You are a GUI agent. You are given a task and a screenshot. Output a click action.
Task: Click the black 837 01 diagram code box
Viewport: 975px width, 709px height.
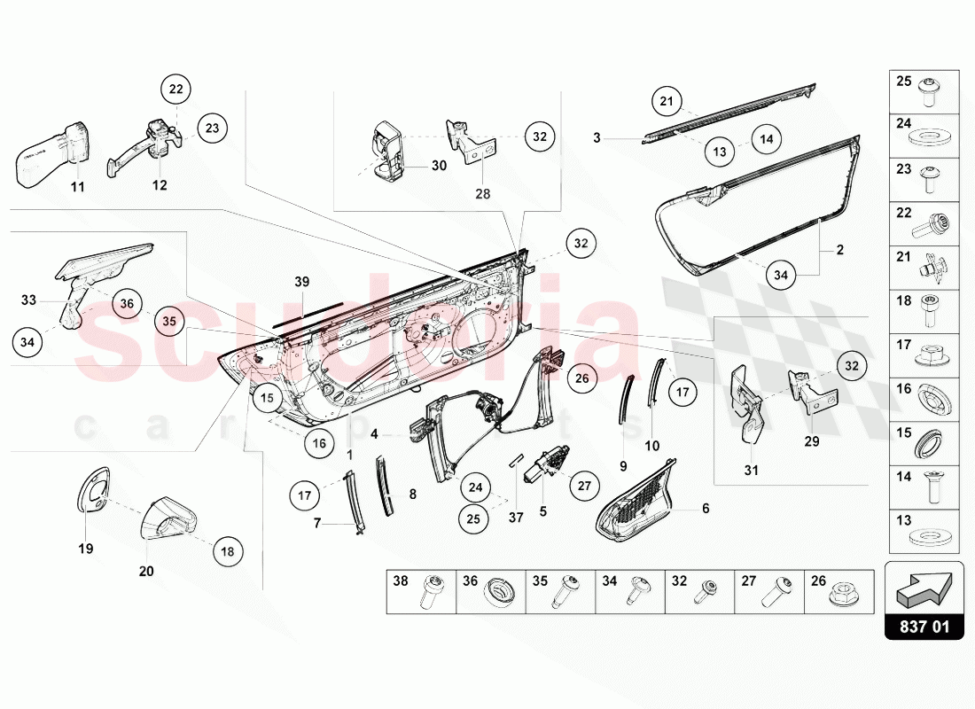[924, 627]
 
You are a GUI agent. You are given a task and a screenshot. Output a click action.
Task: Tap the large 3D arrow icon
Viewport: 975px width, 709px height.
[924, 587]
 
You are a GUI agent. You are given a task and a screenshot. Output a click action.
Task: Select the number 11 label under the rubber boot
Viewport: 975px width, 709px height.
[77, 187]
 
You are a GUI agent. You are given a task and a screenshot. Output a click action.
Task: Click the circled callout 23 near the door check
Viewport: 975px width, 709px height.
[212, 128]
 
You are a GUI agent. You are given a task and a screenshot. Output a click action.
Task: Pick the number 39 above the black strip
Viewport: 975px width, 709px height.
[301, 281]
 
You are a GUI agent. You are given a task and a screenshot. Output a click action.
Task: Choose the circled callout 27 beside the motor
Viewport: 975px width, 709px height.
[584, 486]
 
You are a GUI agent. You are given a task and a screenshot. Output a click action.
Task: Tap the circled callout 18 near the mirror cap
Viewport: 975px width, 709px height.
[228, 551]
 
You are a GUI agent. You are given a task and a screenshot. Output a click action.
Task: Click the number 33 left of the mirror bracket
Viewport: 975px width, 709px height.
[29, 300]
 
